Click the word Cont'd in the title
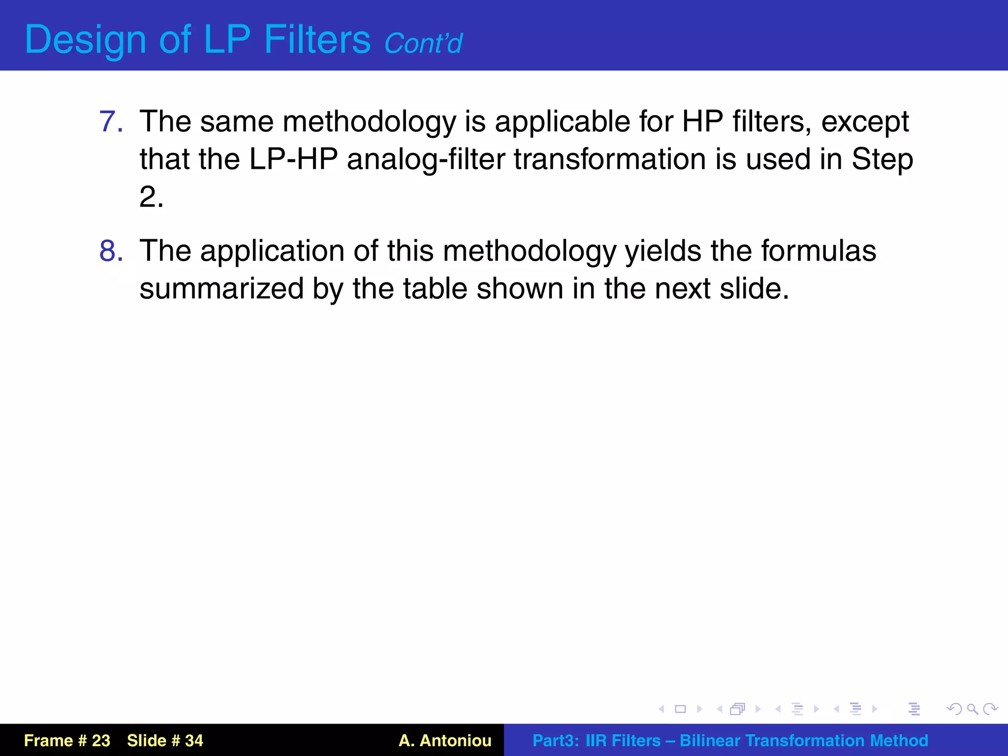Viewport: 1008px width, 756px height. click(423, 43)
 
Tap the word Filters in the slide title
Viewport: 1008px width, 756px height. click(317, 39)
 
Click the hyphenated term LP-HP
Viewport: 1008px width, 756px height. click(293, 159)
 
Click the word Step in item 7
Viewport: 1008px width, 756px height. click(882, 160)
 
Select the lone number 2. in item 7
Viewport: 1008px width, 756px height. click(151, 197)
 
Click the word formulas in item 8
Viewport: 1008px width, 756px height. click(819, 251)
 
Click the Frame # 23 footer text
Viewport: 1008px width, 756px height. click(67, 740)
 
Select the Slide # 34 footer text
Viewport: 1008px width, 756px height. click(165, 740)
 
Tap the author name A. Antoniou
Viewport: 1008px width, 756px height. click(445, 740)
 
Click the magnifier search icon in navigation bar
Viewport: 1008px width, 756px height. click(972, 709)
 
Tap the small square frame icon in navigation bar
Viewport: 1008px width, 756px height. click(680, 709)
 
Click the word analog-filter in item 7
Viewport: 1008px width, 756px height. click(426, 160)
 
